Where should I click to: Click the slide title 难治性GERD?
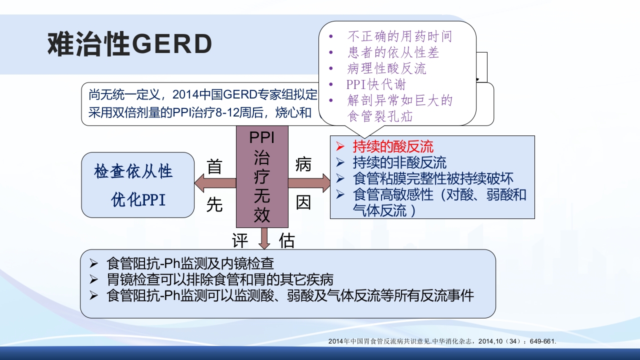pyautogui.click(x=129, y=44)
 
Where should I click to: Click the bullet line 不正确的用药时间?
pyautogui.click(x=399, y=36)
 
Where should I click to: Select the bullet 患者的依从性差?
pyautogui.click(x=393, y=52)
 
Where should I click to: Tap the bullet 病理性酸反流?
pyautogui.click(x=386, y=68)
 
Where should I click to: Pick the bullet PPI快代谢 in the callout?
pyautogui.click(x=376, y=84)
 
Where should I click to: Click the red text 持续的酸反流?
pyautogui.click(x=393, y=146)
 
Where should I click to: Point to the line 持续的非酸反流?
pyautogui.click(x=399, y=162)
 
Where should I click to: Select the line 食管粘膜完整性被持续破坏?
pyautogui.click(x=433, y=178)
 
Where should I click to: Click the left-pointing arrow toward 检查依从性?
pyautogui.click(x=215, y=183)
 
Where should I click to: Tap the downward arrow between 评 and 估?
pyautogui.click(x=264, y=238)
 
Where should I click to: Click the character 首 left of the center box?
pyautogui.click(x=214, y=166)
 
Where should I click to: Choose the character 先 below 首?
pyautogui.click(x=214, y=204)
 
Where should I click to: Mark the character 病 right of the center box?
pyautogui.click(x=303, y=164)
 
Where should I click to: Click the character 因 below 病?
pyautogui.click(x=303, y=202)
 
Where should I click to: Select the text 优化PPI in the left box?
pyautogui.click(x=138, y=200)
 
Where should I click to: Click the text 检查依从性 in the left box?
pyautogui.click(x=133, y=171)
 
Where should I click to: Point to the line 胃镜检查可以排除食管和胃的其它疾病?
pyautogui.click(x=220, y=279)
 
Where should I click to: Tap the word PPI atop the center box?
pyautogui.click(x=262, y=137)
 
